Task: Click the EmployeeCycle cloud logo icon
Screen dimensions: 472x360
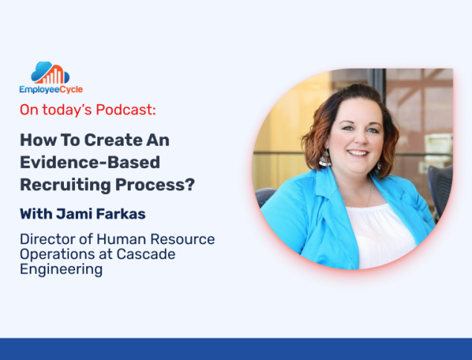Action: pyautogui.click(x=51, y=73)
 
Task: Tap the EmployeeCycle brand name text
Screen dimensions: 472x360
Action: pyautogui.click(x=51, y=89)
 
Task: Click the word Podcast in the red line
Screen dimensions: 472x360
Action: pyautogui.click(x=126, y=109)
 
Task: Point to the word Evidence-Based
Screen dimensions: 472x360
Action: pyautogui.click(x=90, y=162)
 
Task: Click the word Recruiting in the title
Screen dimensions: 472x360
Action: pyautogui.click(x=65, y=185)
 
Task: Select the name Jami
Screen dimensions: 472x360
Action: pyautogui.click(x=74, y=214)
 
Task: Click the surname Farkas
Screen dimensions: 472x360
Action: pyautogui.click(x=121, y=214)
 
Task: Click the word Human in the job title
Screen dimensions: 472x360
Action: pyautogui.click(x=121, y=240)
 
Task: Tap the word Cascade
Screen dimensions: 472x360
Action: pyautogui.click(x=146, y=254)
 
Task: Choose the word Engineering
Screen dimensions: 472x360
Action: pyautogui.click(x=61, y=269)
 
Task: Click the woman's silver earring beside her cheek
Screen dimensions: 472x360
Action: pyautogui.click(x=325, y=158)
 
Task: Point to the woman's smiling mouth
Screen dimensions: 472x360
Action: pyautogui.click(x=358, y=152)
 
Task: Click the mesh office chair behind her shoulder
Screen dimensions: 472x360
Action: pyautogui.click(x=440, y=187)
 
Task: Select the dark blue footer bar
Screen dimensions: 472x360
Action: pyautogui.click(x=236, y=349)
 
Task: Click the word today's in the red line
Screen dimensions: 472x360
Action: pyautogui.click(x=67, y=109)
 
